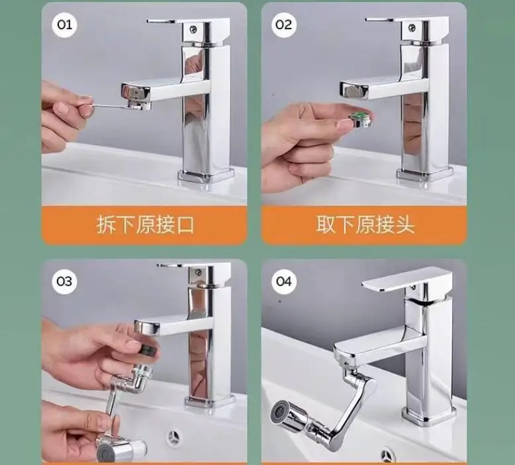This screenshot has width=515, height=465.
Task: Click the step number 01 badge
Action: [x=64, y=25]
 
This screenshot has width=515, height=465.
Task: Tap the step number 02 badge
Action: [x=284, y=25]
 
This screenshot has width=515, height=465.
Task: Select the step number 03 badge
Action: [x=64, y=282]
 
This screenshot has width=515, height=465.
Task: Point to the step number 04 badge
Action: [x=284, y=282]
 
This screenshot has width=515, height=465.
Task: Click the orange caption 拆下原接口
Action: [x=145, y=225]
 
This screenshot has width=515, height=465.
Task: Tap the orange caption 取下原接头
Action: [x=365, y=225]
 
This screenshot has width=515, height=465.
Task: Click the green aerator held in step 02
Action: [x=359, y=119]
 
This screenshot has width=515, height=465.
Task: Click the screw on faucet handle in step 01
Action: [x=193, y=29]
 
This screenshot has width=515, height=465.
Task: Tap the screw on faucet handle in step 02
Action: [x=411, y=28]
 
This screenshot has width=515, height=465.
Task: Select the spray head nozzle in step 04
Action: [x=289, y=417]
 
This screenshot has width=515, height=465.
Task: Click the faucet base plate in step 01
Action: [x=207, y=176]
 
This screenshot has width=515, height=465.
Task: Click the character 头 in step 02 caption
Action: [x=405, y=225]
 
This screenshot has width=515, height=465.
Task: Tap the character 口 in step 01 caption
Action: [x=185, y=225]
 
